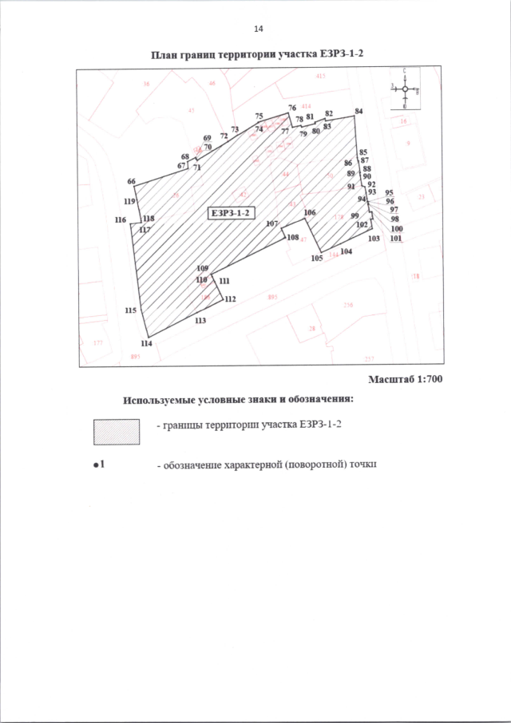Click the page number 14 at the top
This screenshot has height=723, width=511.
click(258, 30)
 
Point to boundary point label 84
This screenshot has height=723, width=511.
click(358, 111)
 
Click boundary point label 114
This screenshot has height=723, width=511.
click(146, 343)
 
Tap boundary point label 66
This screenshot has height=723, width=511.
click(131, 182)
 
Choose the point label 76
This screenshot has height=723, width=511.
click(291, 108)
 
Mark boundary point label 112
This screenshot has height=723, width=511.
click(231, 299)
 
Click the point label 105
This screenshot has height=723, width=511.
click(316, 258)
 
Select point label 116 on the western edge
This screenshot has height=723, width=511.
click(121, 219)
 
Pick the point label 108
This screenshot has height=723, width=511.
click(293, 238)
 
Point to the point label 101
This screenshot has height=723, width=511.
click(396, 239)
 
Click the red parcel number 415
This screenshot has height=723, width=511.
click(321, 76)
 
